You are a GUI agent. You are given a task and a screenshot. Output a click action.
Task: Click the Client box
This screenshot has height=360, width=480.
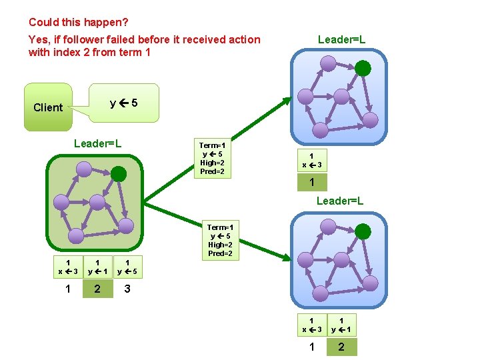pos(48,107)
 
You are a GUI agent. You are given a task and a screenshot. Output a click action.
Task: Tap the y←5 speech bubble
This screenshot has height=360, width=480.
pos(125,103)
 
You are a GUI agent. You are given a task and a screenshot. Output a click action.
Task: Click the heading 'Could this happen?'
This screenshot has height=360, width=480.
pos(79,22)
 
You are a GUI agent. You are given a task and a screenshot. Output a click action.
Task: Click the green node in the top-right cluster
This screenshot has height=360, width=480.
pos(363,67)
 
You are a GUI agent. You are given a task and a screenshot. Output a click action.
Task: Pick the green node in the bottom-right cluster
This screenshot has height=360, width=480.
pos(363,231)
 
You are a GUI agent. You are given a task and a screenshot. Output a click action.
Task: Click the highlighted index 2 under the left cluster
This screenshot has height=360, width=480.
pos(97,289)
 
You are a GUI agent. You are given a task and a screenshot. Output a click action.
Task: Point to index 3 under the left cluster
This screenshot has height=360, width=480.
pos(127,289)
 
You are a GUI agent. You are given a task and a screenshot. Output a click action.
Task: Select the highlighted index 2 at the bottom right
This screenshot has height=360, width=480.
pos(341,347)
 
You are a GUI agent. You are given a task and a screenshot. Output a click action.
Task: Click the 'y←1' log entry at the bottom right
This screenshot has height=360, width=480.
pos(341,325)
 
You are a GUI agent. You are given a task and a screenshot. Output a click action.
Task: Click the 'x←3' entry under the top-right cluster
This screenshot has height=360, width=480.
pos(311,161)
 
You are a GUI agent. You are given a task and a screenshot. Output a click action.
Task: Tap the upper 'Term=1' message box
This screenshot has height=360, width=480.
pos(213,158)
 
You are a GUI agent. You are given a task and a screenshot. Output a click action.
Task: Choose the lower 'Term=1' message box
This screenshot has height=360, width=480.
pos(220,240)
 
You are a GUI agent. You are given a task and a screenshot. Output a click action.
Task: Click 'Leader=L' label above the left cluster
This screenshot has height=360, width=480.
pos(97,143)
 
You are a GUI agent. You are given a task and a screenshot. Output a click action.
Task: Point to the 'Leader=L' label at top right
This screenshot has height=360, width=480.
pos(341,39)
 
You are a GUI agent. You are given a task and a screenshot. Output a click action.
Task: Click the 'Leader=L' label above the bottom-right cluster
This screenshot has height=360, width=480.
pos(340,201)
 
